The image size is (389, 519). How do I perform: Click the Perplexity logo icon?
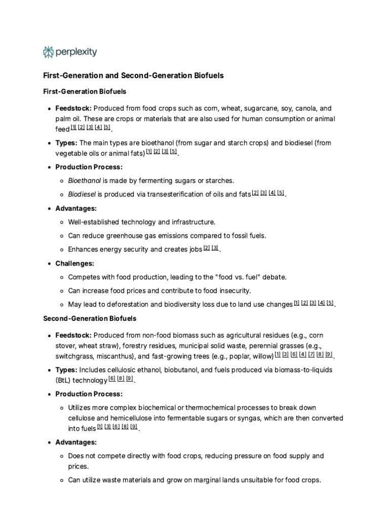click(48, 52)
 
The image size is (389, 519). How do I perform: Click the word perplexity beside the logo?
click(76, 52)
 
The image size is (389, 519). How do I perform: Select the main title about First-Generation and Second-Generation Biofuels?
click(133, 76)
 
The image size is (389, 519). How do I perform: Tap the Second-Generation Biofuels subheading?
click(90, 318)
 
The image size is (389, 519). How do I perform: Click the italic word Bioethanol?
click(85, 180)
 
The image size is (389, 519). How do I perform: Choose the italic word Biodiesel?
click(82, 194)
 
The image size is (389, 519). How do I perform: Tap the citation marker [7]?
click(311, 354)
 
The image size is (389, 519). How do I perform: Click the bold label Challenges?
click(74, 264)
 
